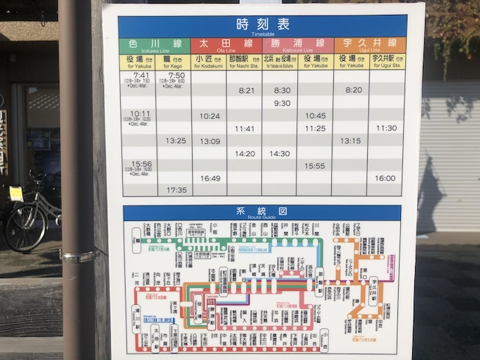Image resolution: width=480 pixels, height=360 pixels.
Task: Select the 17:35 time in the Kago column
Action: click(x=176, y=190)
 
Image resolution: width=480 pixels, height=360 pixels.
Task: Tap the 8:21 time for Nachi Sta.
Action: click(x=246, y=90)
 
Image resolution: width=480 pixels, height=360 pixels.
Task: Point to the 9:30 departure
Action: click(x=282, y=103)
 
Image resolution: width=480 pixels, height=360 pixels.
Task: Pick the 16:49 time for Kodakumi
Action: click(x=210, y=179)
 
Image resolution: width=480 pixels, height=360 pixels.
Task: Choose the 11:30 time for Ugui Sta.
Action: click(x=386, y=128)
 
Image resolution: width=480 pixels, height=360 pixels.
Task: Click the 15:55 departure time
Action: click(x=315, y=166)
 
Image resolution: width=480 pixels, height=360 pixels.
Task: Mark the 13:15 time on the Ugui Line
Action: click(x=351, y=140)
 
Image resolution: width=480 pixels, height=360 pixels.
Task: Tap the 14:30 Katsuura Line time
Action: click(x=280, y=153)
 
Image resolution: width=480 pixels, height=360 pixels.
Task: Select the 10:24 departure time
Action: click(x=210, y=116)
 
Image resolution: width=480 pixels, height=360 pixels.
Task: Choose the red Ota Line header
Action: click(x=226, y=45)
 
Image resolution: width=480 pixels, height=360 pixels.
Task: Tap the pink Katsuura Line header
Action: click(x=297, y=45)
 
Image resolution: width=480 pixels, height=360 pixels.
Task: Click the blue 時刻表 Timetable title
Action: click(x=263, y=26)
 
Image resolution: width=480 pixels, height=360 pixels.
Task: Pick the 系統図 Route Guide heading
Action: click(x=263, y=212)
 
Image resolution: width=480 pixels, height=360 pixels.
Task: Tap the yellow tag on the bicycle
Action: click(x=16, y=193)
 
